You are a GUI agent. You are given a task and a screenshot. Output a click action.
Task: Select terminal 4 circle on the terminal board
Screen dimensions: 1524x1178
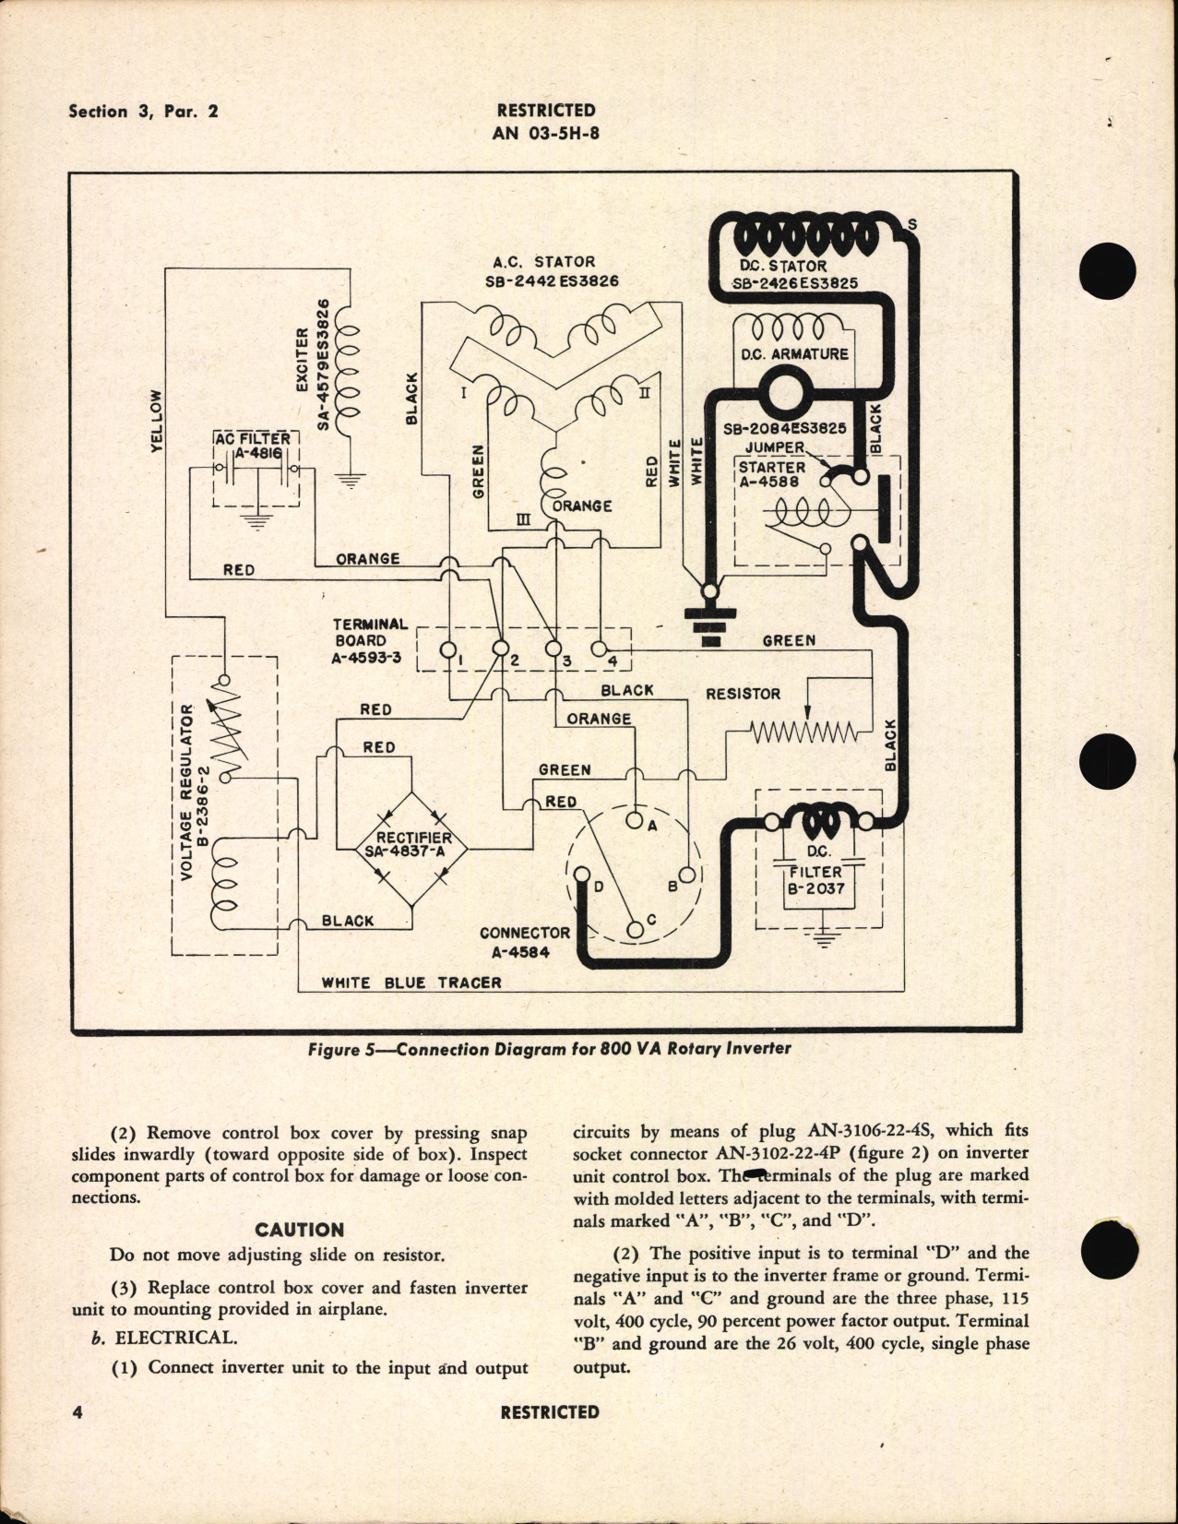tap(598, 649)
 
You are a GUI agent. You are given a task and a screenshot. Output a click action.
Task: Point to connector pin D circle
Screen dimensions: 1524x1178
tap(582, 875)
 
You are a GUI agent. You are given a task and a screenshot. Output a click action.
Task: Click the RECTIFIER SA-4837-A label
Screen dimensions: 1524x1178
tap(408, 844)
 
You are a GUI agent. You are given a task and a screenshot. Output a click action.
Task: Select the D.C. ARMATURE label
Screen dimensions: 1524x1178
tap(795, 353)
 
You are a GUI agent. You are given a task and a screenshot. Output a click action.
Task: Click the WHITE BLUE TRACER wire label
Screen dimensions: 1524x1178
tap(411, 982)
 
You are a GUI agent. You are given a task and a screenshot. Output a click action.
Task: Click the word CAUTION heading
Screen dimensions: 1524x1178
tap(299, 1230)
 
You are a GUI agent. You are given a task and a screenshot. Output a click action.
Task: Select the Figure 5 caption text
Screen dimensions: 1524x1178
tap(549, 1048)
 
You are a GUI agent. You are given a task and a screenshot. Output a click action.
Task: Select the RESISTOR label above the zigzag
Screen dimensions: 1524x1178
tap(743, 694)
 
